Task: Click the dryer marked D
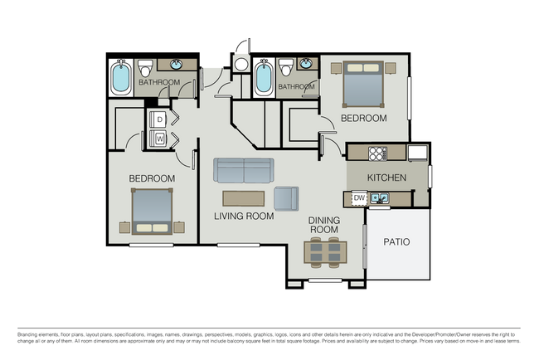(x=160, y=120)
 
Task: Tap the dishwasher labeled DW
(x=359, y=198)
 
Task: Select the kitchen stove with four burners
(x=377, y=153)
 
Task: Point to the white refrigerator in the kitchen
(x=417, y=153)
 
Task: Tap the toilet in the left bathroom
(x=145, y=67)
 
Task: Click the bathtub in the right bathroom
(x=265, y=79)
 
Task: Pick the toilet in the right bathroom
(x=286, y=67)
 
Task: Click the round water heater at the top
(x=241, y=64)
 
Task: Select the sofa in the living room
(x=243, y=170)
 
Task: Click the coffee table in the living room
(x=243, y=197)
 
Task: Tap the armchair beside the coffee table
(x=286, y=198)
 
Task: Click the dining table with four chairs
(x=323, y=252)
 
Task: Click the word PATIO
(x=396, y=242)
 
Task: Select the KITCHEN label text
(x=387, y=178)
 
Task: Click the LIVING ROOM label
(x=244, y=216)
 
